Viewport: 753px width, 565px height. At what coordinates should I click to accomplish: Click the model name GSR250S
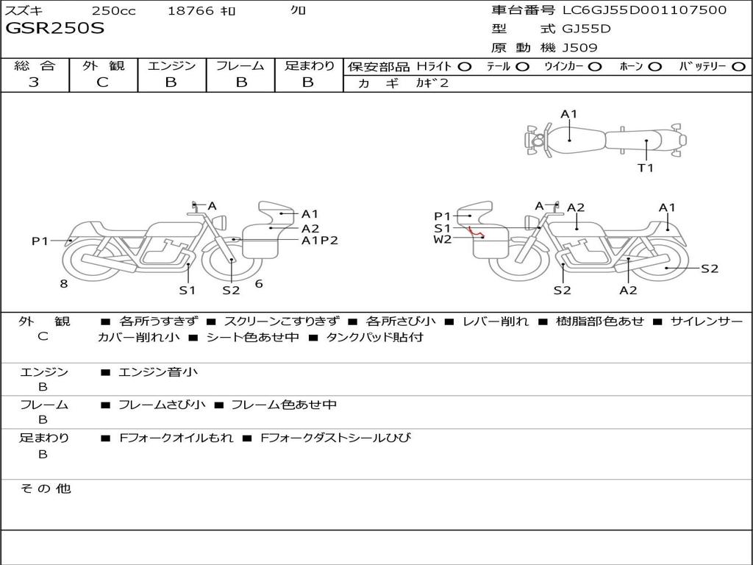[x=55, y=29]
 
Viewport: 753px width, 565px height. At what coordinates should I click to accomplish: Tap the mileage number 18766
[x=190, y=10]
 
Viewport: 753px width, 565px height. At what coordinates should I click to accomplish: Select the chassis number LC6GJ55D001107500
[x=644, y=10]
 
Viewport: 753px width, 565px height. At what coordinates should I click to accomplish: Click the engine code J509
[x=580, y=48]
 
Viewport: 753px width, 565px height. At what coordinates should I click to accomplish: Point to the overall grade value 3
[x=34, y=82]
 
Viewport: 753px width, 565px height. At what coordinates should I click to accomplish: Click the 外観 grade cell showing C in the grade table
[x=103, y=82]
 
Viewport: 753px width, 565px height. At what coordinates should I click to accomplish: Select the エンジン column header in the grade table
[x=171, y=65]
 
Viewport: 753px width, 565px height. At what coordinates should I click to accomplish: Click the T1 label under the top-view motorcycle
[x=645, y=168]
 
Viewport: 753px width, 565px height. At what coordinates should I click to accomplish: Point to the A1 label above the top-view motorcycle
[x=569, y=114]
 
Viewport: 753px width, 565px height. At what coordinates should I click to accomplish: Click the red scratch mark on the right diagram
[x=477, y=233]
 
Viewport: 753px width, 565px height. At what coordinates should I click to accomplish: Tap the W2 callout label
[x=443, y=239]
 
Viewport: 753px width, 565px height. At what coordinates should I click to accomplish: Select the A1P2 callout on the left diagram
[x=319, y=240]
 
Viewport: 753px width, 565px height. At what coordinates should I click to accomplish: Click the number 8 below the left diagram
[x=64, y=283]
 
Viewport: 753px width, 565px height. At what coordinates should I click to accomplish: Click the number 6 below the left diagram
[x=259, y=283]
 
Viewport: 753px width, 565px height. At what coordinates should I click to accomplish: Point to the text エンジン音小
[x=158, y=372]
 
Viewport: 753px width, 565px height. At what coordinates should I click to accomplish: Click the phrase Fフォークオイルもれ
[x=176, y=438]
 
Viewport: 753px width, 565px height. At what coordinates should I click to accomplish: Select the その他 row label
[x=45, y=488]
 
